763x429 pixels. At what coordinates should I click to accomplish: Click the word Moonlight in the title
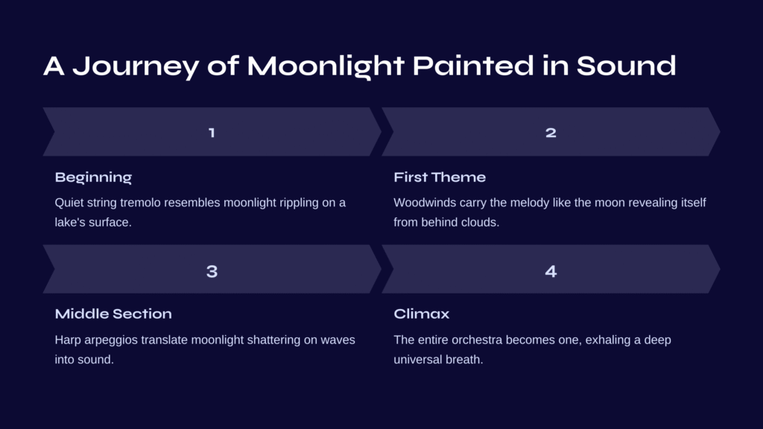(326, 66)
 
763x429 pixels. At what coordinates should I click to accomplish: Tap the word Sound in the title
(626, 66)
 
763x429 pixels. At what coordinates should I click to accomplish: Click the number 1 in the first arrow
(212, 133)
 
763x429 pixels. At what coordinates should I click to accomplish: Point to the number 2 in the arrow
(551, 133)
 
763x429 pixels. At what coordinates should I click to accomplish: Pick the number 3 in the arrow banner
(212, 271)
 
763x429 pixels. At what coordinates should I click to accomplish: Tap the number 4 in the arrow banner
(551, 271)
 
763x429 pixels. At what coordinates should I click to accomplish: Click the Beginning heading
(93, 177)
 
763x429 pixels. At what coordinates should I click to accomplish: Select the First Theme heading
(440, 177)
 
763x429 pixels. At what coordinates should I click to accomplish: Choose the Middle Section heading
(113, 314)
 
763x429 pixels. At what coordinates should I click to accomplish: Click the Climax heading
(422, 314)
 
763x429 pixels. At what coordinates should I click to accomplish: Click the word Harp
(68, 340)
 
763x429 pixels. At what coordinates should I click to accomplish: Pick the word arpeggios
(111, 340)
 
